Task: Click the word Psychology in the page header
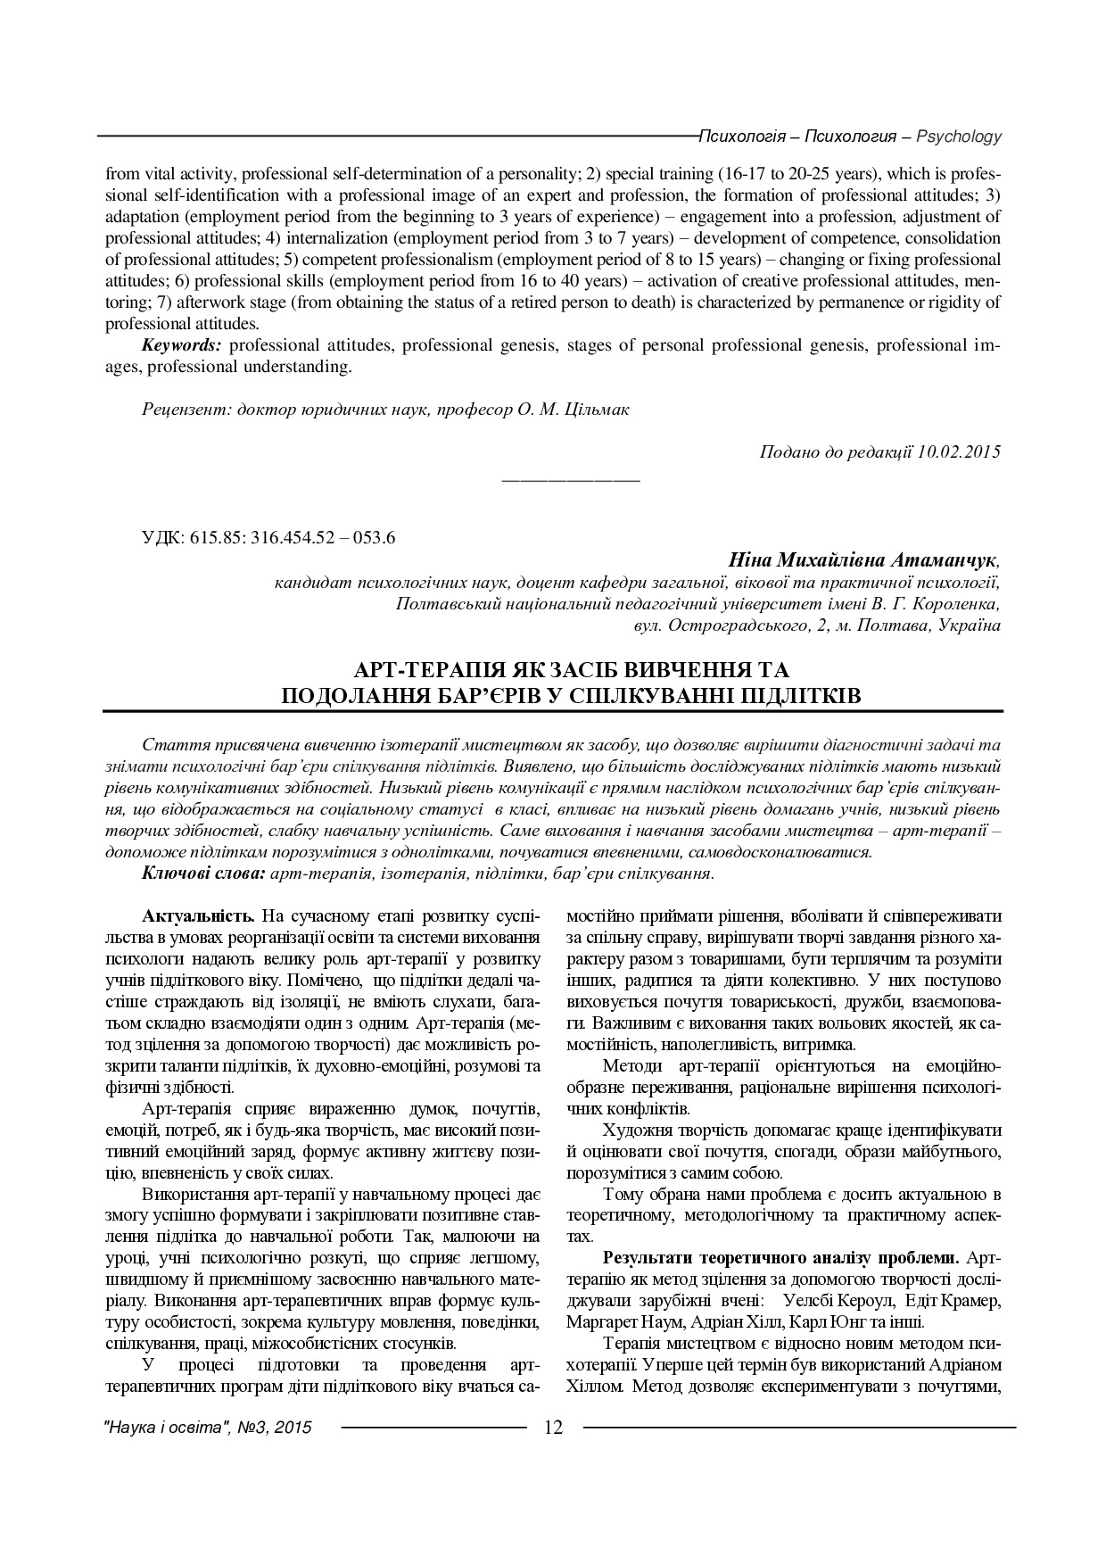pyautogui.click(x=959, y=137)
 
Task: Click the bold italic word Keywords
pyautogui.click(x=182, y=345)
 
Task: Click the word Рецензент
pyautogui.click(x=182, y=410)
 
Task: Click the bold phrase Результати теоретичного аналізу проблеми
pyautogui.click(x=781, y=1258)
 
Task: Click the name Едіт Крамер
pyautogui.click(x=956, y=1300)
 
